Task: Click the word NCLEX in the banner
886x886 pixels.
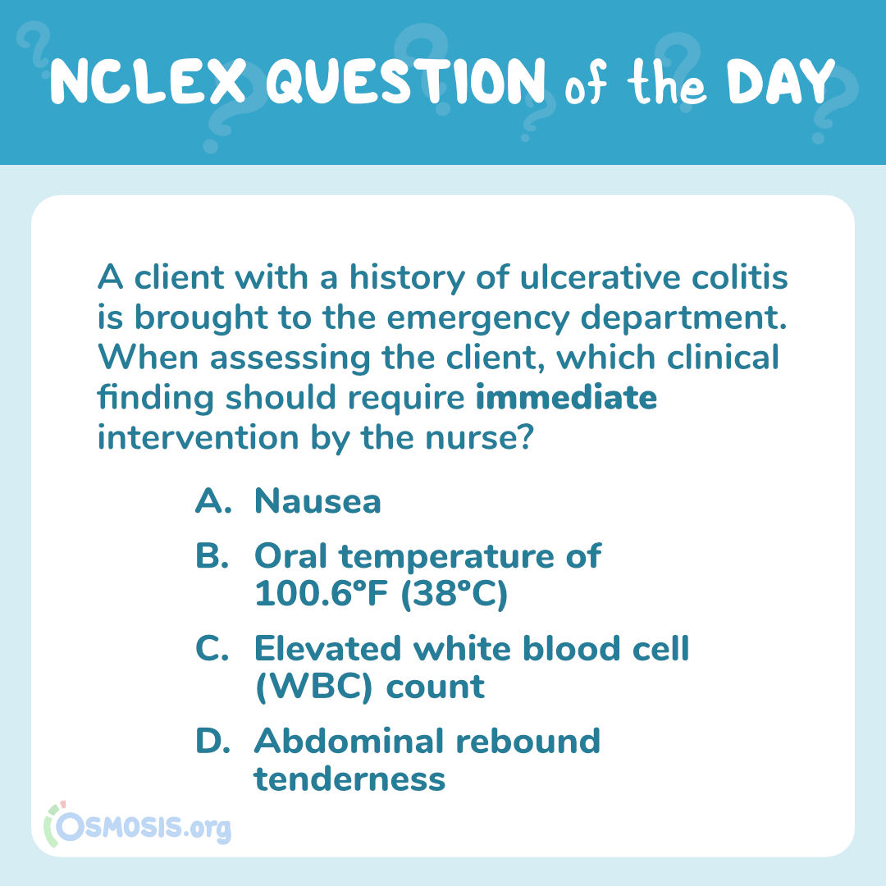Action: tap(148, 81)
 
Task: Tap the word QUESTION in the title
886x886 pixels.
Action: tap(406, 81)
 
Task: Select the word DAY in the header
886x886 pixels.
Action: tap(780, 81)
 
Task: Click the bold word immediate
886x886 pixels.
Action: tap(566, 397)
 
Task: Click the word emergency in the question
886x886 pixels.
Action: tap(478, 318)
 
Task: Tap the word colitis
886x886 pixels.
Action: tap(740, 277)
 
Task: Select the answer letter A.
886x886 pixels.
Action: tap(213, 500)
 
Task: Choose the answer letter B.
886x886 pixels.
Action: tap(212, 556)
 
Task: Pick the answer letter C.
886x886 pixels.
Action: tap(212, 648)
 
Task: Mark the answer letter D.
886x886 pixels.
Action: tap(212, 741)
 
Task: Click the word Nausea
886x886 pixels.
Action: tap(317, 500)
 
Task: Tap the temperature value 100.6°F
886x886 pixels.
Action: tap(322, 593)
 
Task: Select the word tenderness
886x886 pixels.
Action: tap(349, 779)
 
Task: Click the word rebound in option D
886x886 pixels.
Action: tap(527, 741)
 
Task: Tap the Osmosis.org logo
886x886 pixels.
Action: tap(138, 825)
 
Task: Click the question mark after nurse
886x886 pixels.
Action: tap(526, 436)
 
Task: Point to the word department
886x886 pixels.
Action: tap(683, 318)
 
